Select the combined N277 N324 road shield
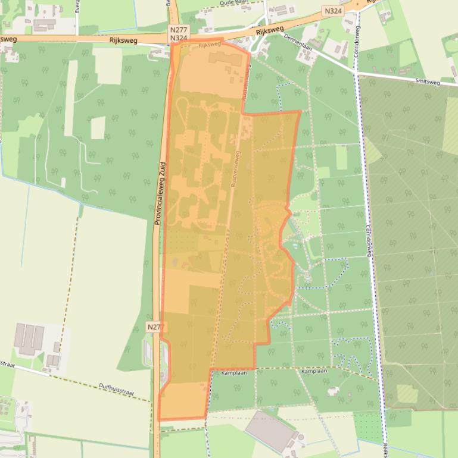tap(178, 33)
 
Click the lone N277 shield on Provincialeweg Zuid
tap(154, 327)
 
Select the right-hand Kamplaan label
tap(314, 371)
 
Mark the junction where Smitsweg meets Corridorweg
tap(358, 75)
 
